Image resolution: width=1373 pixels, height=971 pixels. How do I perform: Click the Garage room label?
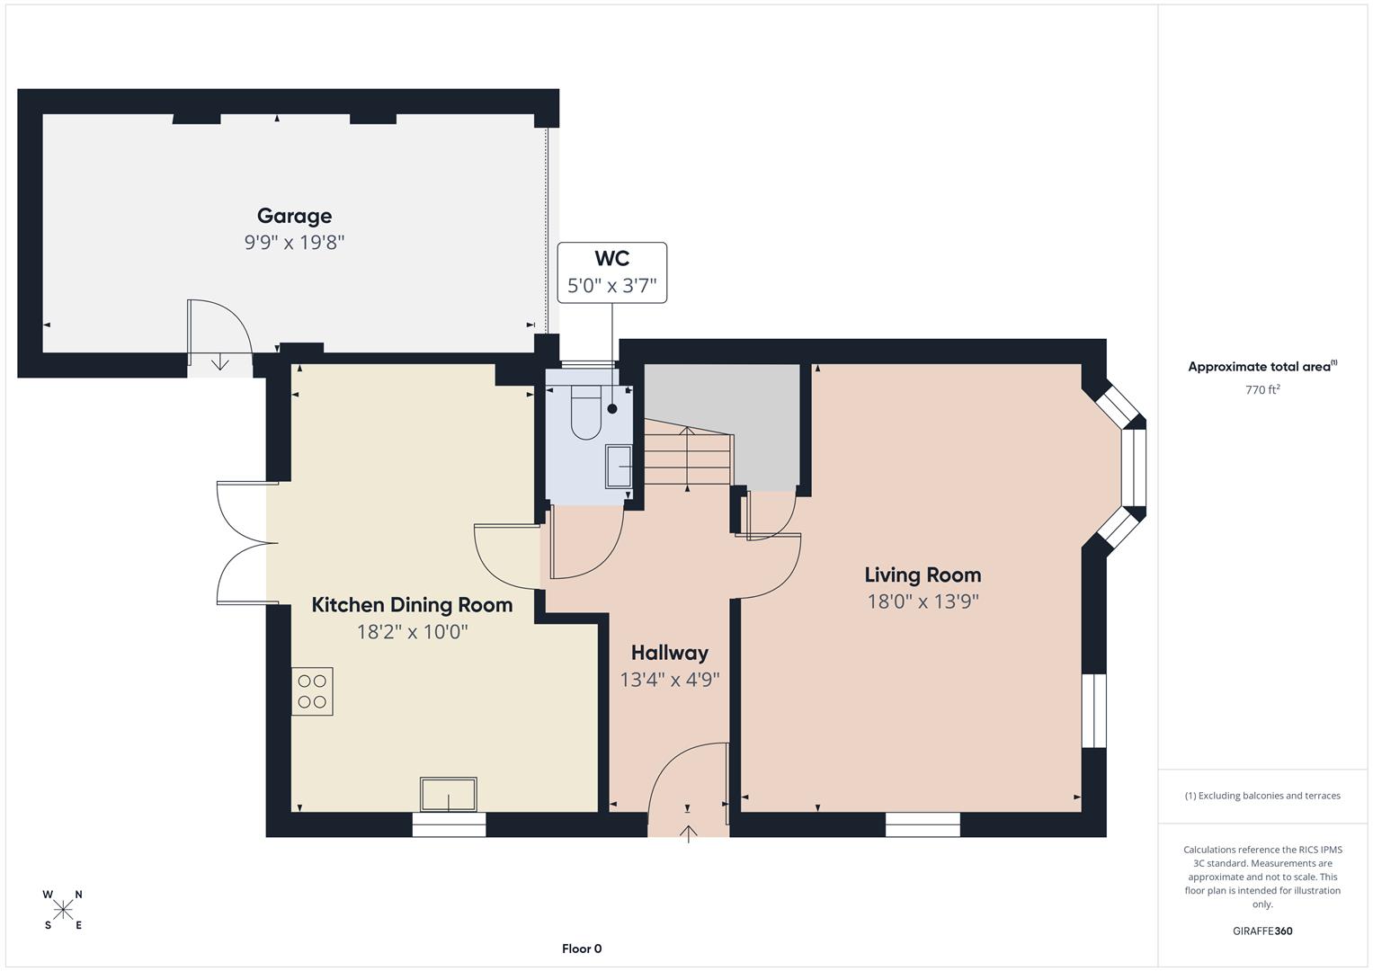coord(294,216)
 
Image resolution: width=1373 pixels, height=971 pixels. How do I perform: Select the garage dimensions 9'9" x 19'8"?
coord(294,243)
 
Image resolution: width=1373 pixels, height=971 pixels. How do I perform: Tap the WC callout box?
coord(611,272)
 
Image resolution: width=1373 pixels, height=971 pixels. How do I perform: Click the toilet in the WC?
coord(585,412)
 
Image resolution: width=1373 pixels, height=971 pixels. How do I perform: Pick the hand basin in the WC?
coord(619,467)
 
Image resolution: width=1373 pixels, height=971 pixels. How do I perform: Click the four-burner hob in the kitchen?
coord(312,691)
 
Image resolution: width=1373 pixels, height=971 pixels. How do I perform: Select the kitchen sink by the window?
coord(448,795)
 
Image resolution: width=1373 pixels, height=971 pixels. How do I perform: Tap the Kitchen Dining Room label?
coord(412,605)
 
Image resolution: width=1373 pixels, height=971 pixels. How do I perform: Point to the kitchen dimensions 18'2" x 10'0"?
coord(412,632)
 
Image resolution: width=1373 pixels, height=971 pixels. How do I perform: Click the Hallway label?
coord(669,653)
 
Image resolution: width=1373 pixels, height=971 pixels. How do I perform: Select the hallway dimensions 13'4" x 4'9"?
coord(669,680)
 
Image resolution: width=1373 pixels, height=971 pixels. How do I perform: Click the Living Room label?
coord(923,575)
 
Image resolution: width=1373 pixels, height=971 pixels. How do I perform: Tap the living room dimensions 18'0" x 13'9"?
coord(923,601)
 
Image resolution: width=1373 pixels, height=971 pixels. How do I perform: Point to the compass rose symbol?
coord(63,910)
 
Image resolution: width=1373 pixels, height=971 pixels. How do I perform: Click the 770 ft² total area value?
coord(1262,390)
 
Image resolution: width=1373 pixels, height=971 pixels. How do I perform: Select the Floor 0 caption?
coord(582,949)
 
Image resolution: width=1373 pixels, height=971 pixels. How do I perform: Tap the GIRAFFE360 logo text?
coord(1262,931)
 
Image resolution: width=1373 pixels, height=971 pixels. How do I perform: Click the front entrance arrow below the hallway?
coord(689,833)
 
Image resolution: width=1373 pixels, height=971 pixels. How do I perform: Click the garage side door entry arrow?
coord(220,362)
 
